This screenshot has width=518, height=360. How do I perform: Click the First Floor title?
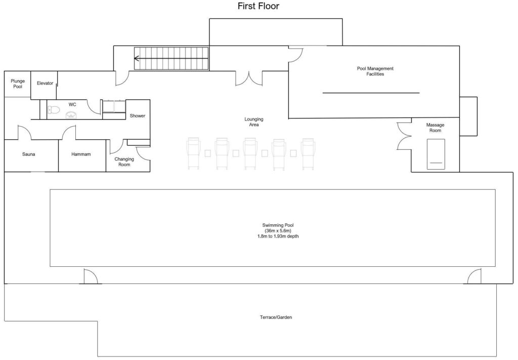(x=258, y=7)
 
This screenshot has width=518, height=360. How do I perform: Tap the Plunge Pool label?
(x=18, y=84)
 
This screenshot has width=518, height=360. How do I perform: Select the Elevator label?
(x=45, y=83)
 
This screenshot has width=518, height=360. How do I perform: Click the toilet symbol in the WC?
(x=53, y=109)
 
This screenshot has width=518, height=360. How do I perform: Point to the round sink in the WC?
(x=71, y=115)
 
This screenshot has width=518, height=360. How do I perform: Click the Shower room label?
(x=138, y=116)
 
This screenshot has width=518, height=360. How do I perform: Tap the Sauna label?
(x=28, y=154)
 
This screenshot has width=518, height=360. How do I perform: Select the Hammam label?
(x=81, y=154)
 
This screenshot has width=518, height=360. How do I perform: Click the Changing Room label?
(x=124, y=162)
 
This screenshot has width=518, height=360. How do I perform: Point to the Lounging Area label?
(x=254, y=122)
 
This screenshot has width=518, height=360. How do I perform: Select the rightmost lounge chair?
(x=308, y=152)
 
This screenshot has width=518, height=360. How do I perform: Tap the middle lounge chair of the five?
(x=251, y=152)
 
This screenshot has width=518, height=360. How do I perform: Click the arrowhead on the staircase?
(x=137, y=58)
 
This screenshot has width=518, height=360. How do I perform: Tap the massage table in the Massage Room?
(x=436, y=154)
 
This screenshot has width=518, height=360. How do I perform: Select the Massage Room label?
(x=435, y=128)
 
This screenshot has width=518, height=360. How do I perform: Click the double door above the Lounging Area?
(x=248, y=78)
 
